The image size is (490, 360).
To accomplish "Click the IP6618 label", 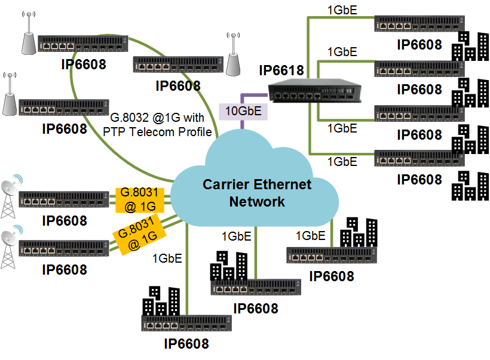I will (x=281, y=71).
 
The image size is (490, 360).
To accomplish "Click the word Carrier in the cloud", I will (x=226, y=184).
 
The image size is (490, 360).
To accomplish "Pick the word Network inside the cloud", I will (x=257, y=201).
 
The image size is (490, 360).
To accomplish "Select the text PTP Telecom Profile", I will (x=157, y=131).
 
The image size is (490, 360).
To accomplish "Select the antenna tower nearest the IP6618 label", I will (x=234, y=53).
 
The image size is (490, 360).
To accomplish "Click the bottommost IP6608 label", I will (x=186, y=344).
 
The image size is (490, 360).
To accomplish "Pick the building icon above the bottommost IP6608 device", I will (x=161, y=301).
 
